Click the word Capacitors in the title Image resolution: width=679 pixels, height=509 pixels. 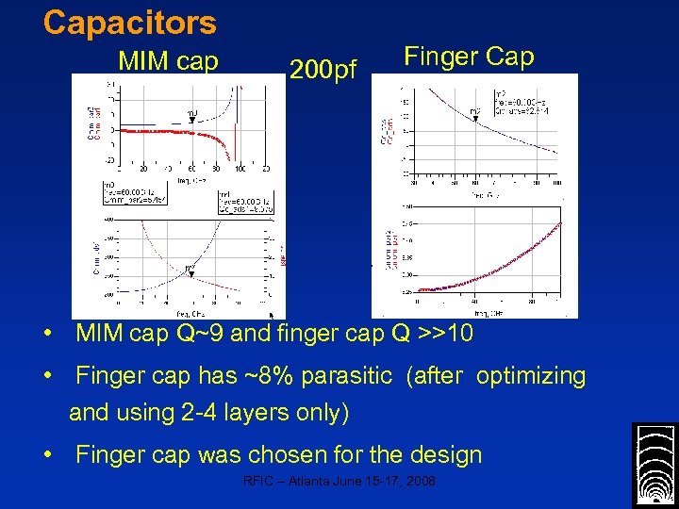129,23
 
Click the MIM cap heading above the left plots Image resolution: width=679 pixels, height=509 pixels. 169,61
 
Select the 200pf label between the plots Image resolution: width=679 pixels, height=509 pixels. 323,70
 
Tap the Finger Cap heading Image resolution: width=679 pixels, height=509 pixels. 469,57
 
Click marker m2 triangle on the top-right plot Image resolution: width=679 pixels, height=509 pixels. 475,119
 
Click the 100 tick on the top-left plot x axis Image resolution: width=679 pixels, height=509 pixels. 240,170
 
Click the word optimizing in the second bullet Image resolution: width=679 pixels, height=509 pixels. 531,376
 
